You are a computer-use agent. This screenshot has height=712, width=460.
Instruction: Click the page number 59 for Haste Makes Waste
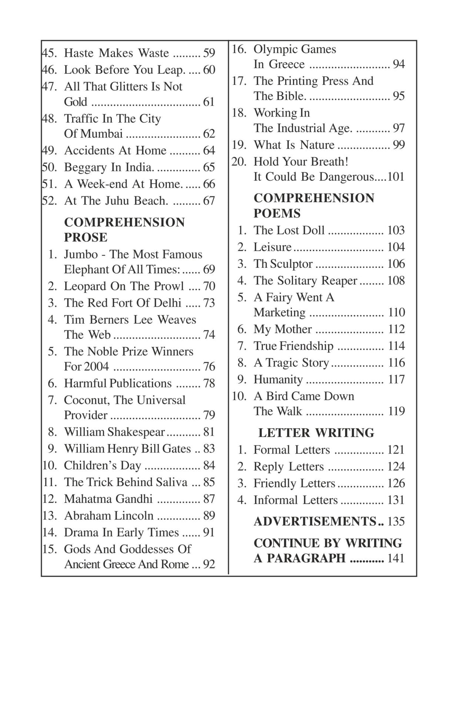[209, 53]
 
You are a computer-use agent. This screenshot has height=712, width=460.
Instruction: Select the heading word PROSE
[86, 237]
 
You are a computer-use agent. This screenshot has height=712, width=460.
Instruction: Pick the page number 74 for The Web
[209, 335]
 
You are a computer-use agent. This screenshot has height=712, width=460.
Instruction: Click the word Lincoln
[134, 516]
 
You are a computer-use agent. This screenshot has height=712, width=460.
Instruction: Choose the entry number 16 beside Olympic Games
[239, 49]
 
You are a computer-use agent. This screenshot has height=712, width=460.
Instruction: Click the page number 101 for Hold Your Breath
[396, 177]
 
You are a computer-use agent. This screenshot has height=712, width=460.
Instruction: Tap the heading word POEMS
[277, 214]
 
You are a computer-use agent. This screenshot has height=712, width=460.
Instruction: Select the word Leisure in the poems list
[272, 247]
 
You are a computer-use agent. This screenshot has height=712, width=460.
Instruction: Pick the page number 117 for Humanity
[396, 379]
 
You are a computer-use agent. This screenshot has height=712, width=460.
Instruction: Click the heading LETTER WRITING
[316, 433]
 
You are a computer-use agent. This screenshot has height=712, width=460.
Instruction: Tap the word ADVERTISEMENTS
[315, 521]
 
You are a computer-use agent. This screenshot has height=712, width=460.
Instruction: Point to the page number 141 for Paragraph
[396, 558]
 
